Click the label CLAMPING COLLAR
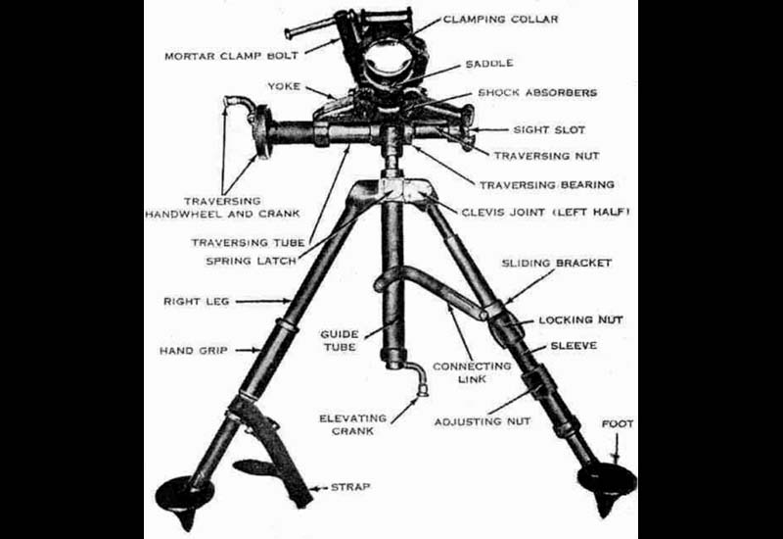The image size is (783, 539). [x=500, y=20]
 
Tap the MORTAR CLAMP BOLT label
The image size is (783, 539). [x=231, y=56]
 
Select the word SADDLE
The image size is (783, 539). [x=489, y=64]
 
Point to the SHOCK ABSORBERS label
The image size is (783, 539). [x=537, y=92]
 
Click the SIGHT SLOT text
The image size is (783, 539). [x=549, y=130]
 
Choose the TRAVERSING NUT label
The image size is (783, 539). [x=547, y=156]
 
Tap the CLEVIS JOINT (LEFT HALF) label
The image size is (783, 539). [x=545, y=212]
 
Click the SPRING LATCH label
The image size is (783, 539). [x=252, y=261]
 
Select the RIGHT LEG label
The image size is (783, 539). [x=197, y=302]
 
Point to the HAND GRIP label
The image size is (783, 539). [x=193, y=351]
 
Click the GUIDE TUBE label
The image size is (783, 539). [x=340, y=340]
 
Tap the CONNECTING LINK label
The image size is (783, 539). [x=472, y=372]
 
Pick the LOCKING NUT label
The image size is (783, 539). [x=580, y=320]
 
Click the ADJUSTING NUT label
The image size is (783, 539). [x=483, y=422]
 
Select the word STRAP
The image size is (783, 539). [x=350, y=486]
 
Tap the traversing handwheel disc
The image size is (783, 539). [x=261, y=131]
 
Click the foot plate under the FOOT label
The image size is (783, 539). [x=607, y=481]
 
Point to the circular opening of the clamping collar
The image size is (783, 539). [x=387, y=64]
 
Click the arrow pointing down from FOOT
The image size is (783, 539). [x=617, y=448]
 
